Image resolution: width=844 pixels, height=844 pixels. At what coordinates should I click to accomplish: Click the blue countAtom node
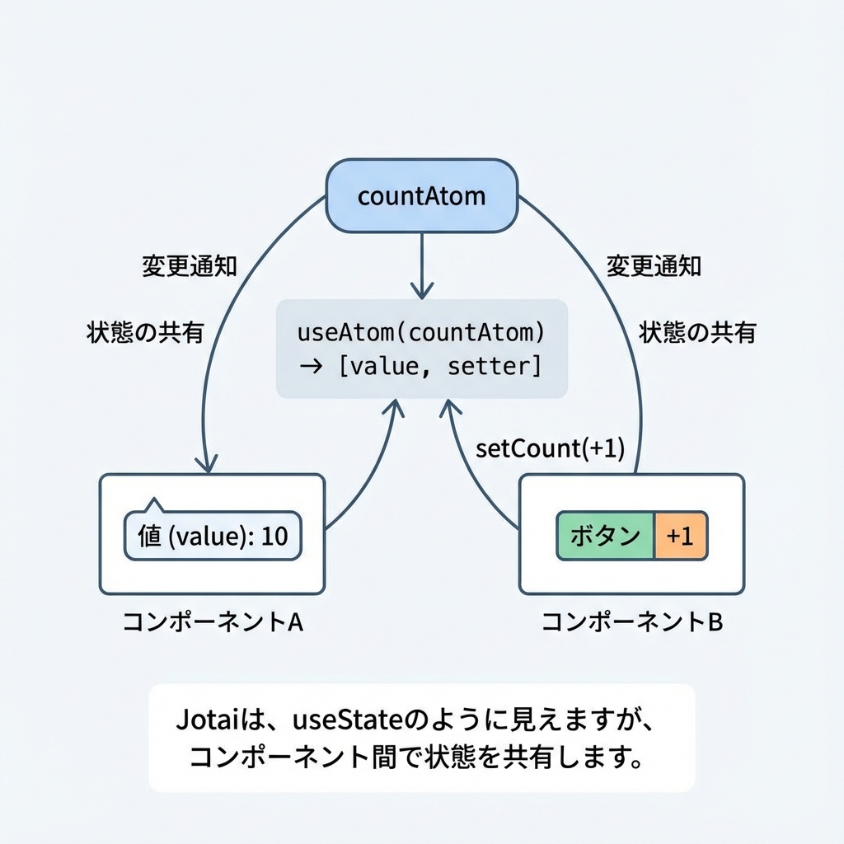[x=422, y=197]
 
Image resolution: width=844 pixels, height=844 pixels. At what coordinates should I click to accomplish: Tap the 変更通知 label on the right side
[x=654, y=265]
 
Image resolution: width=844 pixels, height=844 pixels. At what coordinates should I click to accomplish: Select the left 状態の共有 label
[x=145, y=332]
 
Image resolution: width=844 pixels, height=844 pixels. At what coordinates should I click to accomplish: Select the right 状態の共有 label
[x=697, y=332]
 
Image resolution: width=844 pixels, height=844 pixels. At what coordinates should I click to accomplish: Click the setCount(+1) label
[x=551, y=449]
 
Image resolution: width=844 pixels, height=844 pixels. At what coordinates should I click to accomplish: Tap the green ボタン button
[x=605, y=536]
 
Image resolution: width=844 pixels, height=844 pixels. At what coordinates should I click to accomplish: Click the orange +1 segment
[x=680, y=536]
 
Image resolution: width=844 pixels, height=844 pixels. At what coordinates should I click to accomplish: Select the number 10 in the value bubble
[x=274, y=537]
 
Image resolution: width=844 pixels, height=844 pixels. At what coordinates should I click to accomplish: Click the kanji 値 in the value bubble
[x=149, y=537]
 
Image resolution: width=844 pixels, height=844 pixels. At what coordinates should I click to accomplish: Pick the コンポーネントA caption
[x=213, y=622]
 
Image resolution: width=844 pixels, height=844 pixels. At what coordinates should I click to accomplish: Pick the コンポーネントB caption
[x=632, y=622]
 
